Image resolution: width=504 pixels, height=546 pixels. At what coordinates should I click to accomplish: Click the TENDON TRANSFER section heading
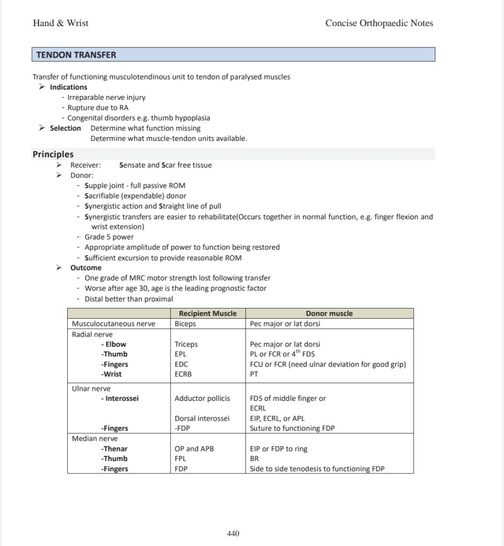(x=76, y=55)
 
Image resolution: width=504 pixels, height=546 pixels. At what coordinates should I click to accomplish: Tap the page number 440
(x=233, y=533)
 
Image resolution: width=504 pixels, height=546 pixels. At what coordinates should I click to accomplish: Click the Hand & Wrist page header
(x=61, y=23)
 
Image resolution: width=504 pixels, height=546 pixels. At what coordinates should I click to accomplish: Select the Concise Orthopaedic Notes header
(x=379, y=23)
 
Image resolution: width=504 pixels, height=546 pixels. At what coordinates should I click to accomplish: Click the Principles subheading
(x=53, y=154)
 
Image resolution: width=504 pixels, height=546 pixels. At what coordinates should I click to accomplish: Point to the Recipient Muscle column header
(x=208, y=313)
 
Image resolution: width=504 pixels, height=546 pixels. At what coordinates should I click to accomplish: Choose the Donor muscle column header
(x=329, y=313)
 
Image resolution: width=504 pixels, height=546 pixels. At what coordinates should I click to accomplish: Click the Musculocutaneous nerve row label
(x=114, y=323)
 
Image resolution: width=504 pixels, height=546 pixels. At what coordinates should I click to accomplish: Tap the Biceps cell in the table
(x=185, y=323)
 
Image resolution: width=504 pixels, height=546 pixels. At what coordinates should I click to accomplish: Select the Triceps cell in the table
(x=186, y=344)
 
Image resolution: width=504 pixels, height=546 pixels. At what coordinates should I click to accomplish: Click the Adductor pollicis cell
(x=202, y=398)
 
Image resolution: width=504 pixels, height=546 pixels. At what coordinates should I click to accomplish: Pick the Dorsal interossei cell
(x=202, y=418)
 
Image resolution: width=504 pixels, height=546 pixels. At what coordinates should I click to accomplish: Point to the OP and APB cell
(x=194, y=449)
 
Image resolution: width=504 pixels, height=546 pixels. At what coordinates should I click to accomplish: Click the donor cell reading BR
(x=254, y=458)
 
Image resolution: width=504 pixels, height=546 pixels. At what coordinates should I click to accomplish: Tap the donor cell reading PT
(x=254, y=374)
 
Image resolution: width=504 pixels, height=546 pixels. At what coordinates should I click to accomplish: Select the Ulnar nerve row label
(x=91, y=389)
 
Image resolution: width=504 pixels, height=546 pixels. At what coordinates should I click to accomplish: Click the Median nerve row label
(x=95, y=439)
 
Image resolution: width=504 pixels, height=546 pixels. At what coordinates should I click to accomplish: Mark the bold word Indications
(x=68, y=87)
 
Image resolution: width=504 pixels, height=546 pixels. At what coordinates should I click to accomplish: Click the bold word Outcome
(x=86, y=268)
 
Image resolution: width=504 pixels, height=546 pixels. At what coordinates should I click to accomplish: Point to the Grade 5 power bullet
(x=109, y=237)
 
